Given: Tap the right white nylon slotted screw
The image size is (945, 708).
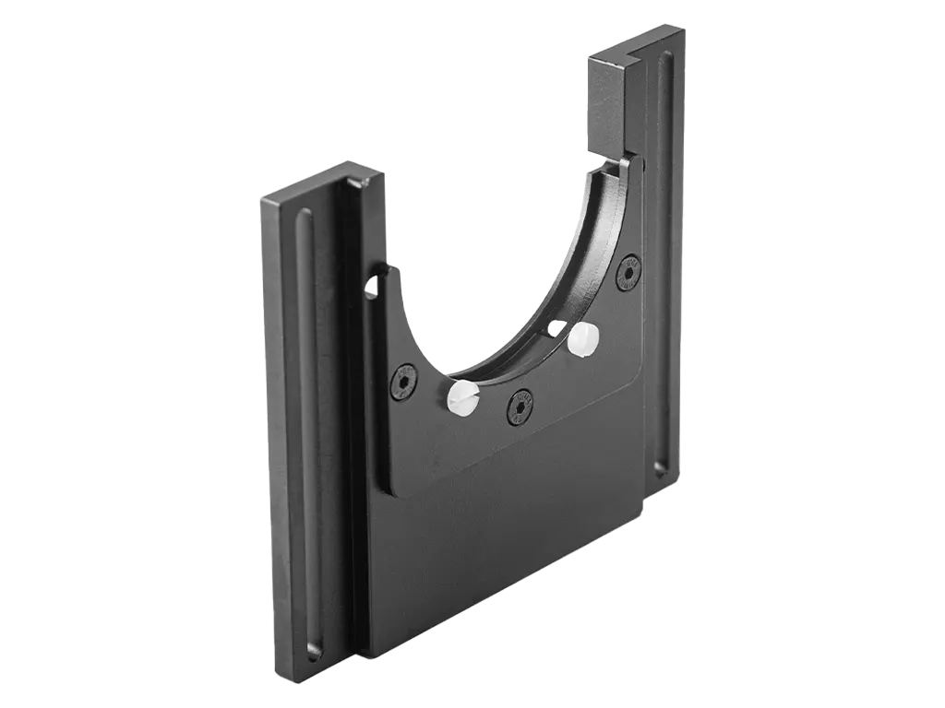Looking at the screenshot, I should tap(583, 338).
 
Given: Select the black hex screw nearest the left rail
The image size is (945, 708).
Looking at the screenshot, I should tap(404, 381).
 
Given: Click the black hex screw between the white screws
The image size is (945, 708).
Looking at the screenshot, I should tap(520, 406).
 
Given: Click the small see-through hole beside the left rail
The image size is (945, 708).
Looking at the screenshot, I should tap(372, 289).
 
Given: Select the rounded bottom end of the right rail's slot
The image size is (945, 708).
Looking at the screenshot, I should tap(661, 466).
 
